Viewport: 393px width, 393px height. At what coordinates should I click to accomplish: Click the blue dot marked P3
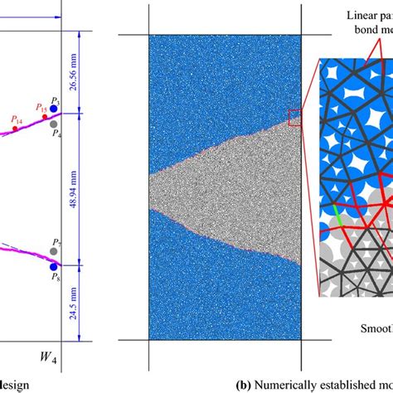click(54, 109)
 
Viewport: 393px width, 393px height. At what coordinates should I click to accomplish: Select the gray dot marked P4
click(54, 124)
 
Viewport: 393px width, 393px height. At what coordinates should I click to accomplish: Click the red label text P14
click(17, 119)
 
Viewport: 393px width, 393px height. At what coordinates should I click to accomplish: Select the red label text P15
click(41, 107)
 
